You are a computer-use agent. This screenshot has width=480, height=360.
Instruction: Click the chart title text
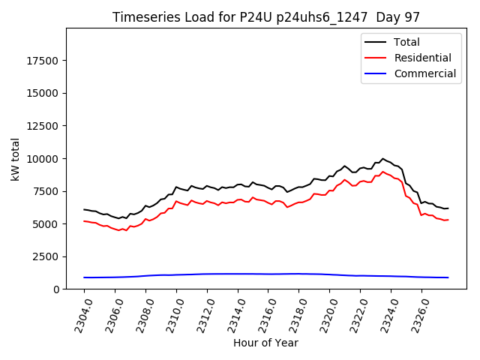point(266,17)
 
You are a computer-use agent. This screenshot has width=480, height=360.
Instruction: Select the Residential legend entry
point(422,58)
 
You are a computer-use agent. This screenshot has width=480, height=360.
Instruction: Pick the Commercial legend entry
point(424,73)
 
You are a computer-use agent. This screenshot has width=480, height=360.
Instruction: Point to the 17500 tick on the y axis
point(42,61)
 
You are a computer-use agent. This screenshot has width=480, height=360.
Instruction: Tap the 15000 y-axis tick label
point(42,93)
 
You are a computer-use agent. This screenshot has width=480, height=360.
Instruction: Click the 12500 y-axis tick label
point(42,126)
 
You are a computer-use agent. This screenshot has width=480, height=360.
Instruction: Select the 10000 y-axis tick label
point(42,159)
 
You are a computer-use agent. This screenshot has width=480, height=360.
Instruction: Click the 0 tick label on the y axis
point(57,289)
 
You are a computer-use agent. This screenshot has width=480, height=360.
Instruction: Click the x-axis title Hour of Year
point(265,343)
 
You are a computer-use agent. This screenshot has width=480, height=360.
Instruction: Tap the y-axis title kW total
point(15,158)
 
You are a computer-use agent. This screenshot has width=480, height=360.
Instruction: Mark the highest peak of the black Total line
point(382,158)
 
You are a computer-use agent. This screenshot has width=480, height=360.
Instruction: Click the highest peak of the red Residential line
point(382,172)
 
